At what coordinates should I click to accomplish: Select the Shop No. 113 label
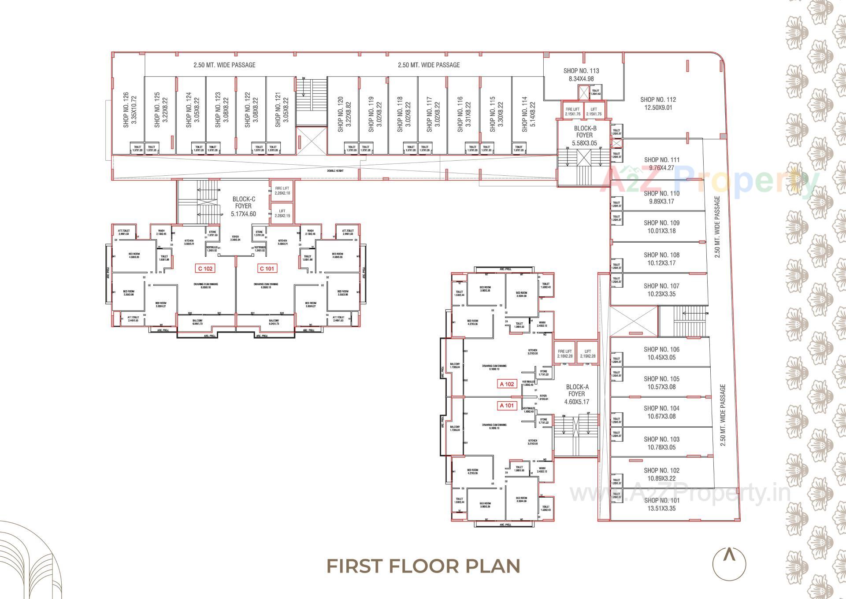tap(581, 75)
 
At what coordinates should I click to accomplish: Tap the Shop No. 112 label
tap(658, 104)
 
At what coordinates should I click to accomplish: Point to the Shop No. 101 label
tap(661, 504)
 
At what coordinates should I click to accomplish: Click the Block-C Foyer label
tap(243, 206)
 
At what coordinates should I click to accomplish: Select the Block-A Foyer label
tap(576, 394)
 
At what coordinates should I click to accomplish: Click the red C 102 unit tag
tap(205, 268)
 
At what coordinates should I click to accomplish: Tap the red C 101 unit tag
tap(266, 268)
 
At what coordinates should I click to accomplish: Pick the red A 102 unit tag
tap(507, 384)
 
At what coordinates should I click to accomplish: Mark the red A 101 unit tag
tap(507, 406)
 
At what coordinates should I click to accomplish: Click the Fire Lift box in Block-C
tap(282, 190)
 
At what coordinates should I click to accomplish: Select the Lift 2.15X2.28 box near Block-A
tap(588, 354)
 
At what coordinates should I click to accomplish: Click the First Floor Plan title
tap(423, 566)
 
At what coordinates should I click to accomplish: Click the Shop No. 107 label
tap(661, 290)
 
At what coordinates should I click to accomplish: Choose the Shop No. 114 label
tap(528, 114)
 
